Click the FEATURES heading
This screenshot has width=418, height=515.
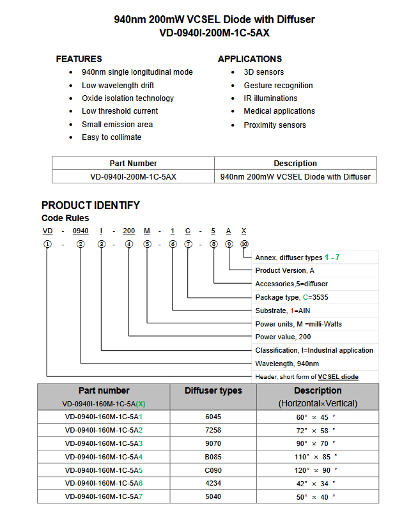[x=79, y=59]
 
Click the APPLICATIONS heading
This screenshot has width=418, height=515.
[x=250, y=59]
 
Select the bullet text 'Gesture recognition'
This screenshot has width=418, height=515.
[x=278, y=86]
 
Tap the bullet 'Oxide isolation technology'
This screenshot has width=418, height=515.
[x=128, y=98]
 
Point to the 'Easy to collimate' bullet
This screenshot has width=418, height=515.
[x=111, y=137]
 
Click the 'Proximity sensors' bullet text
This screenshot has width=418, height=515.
[x=275, y=125]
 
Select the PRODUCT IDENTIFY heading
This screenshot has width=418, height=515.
[x=90, y=205]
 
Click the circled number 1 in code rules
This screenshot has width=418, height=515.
[x=47, y=244]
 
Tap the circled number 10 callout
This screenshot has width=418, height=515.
[x=244, y=244]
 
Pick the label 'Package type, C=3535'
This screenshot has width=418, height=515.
[x=292, y=297]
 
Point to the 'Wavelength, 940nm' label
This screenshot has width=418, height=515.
[x=287, y=364]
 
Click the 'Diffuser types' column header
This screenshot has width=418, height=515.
[x=213, y=391]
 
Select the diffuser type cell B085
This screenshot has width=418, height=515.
[x=213, y=457]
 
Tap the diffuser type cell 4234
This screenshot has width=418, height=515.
[x=213, y=484]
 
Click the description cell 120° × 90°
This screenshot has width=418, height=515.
[x=316, y=470]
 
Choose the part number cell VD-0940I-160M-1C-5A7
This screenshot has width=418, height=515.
[x=104, y=497]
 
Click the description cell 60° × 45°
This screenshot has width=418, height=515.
[x=316, y=417]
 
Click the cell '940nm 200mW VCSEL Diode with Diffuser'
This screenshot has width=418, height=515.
[x=295, y=177]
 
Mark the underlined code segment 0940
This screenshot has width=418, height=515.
[x=81, y=230]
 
